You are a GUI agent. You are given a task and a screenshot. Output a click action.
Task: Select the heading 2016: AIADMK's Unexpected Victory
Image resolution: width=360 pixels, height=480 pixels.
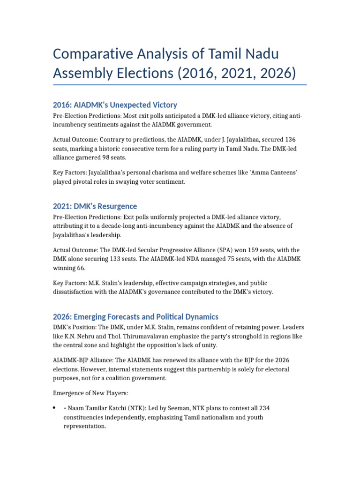[115, 105]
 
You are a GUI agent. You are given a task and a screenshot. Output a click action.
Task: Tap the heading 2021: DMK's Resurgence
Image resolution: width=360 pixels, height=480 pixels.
[95, 206]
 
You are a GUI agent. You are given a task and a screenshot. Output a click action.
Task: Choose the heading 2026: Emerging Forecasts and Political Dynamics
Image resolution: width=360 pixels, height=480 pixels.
[135, 316]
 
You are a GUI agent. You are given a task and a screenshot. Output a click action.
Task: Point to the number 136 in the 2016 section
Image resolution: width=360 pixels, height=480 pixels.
[290, 140]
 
